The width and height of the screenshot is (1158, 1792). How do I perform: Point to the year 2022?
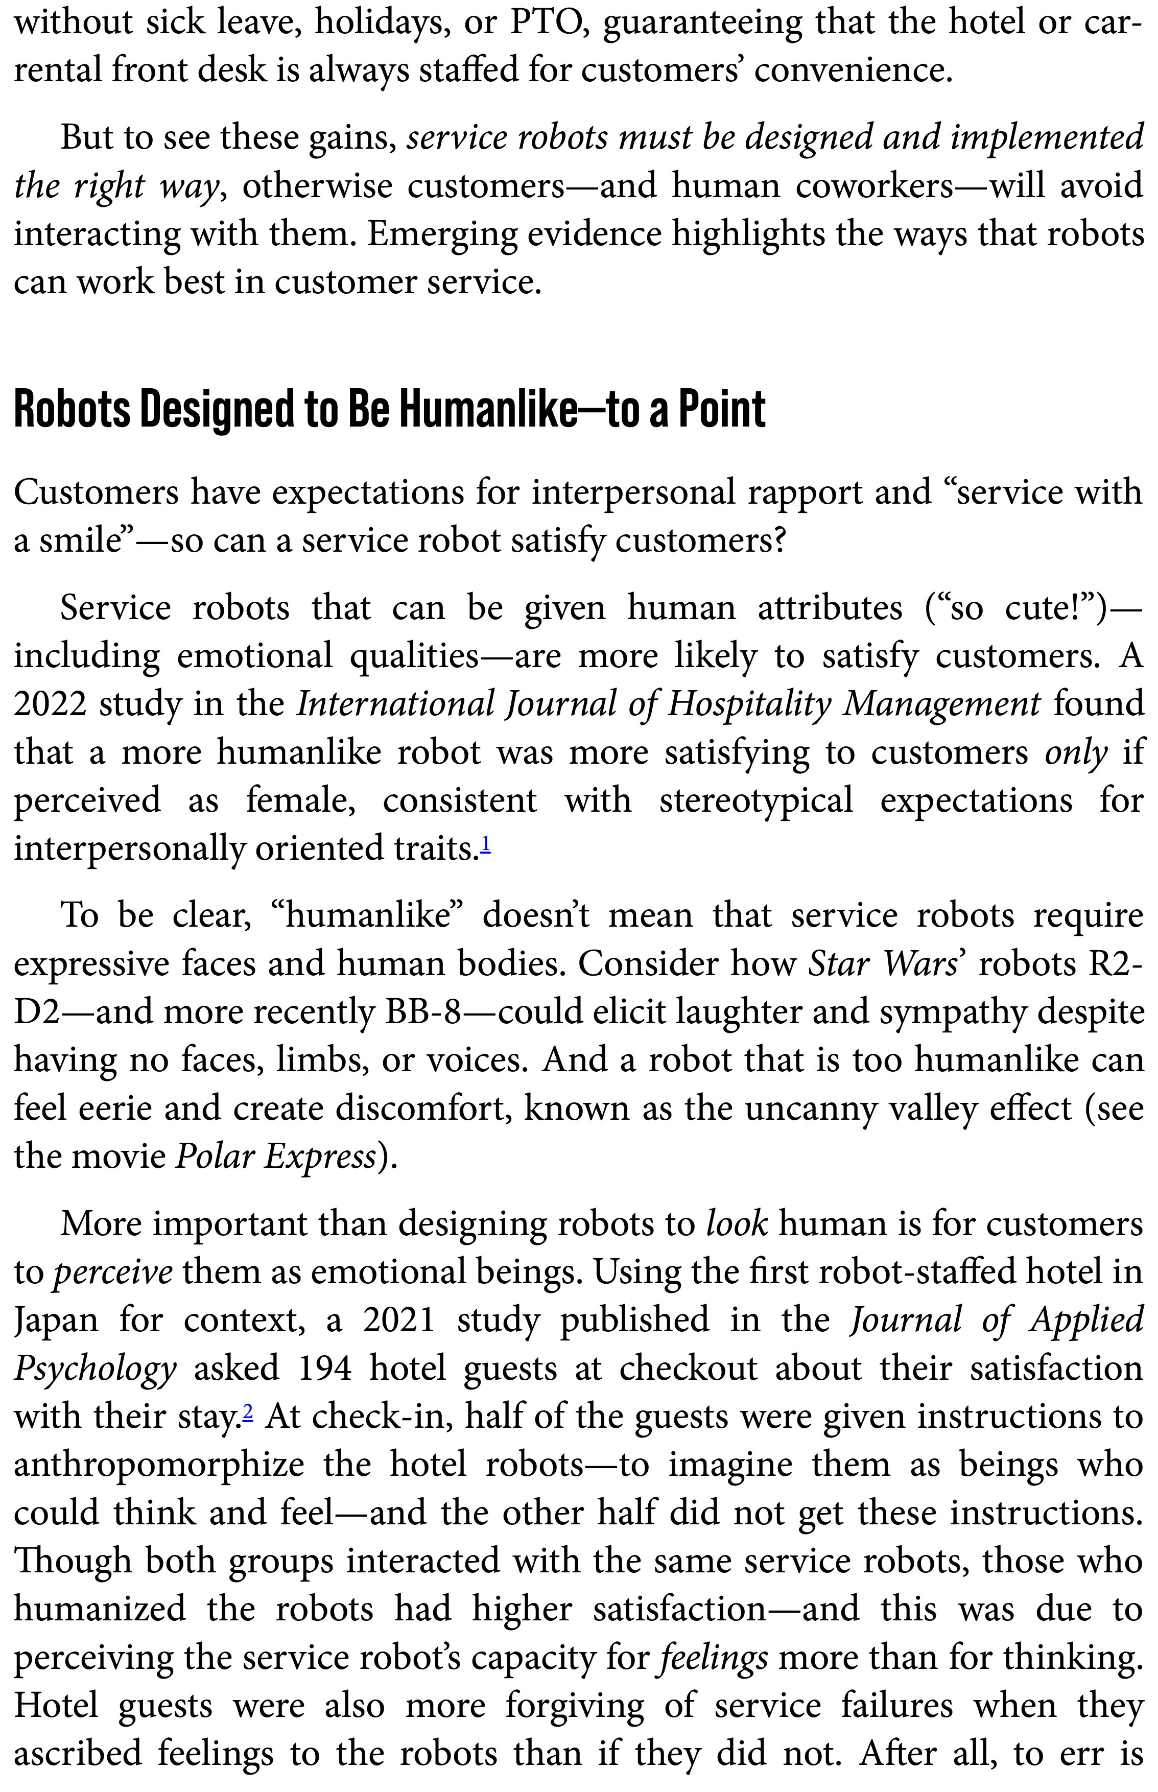pyautogui.click(x=50, y=704)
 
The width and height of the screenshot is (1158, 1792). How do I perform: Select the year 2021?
pyautogui.click(x=398, y=1320)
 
